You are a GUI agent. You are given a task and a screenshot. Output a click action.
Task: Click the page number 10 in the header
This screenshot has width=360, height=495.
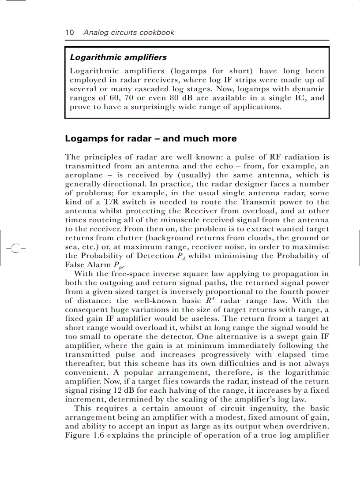69,33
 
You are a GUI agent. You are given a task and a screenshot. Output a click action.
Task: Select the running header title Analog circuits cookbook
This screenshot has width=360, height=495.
129,33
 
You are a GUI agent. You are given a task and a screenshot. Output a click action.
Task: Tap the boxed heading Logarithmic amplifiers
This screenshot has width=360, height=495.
118,57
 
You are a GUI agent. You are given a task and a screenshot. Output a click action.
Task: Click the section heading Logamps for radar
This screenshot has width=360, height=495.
150,138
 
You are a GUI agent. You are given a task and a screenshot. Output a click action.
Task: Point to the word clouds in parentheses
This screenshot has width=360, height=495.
247,238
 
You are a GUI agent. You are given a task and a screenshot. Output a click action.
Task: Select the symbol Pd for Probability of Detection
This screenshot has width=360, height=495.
180,257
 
